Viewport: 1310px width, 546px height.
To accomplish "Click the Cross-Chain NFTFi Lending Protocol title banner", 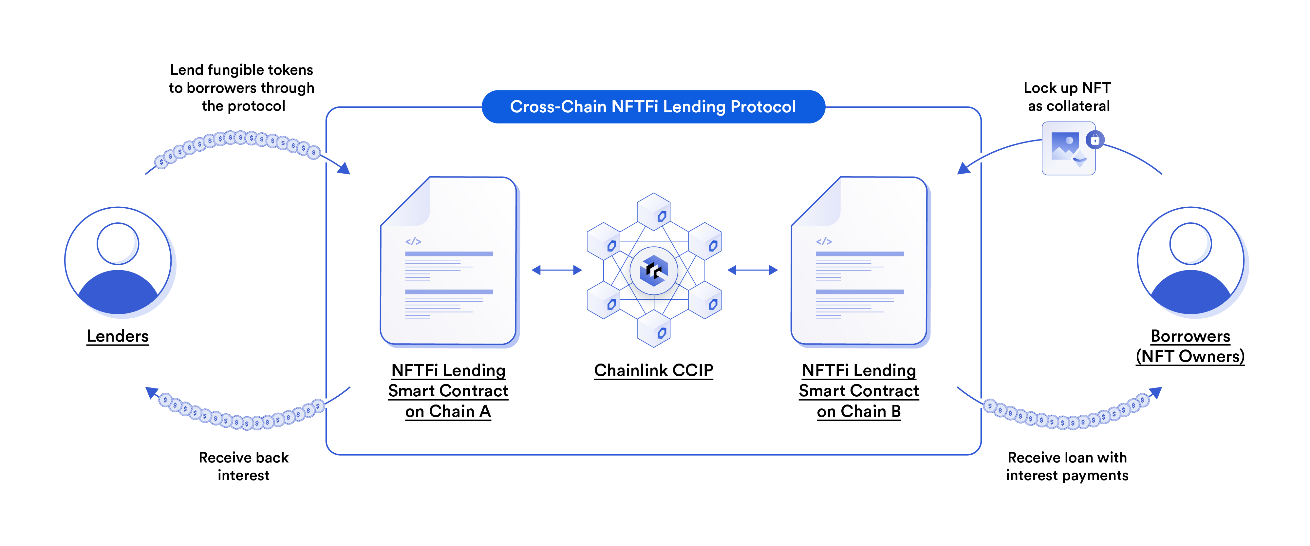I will (653, 107).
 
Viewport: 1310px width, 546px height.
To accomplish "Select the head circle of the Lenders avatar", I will (118, 243).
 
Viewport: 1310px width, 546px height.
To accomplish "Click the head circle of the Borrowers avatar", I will (1190, 243).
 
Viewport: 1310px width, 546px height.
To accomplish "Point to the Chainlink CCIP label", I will (653, 370).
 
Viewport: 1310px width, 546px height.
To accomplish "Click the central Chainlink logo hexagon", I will (653, 271).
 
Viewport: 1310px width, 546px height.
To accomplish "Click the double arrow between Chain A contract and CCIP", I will (556, 270).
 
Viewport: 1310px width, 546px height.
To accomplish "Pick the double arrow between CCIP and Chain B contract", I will (753, 270).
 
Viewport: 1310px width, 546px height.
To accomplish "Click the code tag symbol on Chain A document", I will (413, 241).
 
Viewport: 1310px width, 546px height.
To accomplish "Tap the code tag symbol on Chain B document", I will (824, 241).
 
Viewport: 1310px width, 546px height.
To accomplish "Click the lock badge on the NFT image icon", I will (1095, 139).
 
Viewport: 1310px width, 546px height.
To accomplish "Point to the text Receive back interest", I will (244, 466).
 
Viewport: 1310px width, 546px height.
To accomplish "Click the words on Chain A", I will (448, 411).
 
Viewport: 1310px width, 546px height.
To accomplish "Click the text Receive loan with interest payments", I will (1067, 466).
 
